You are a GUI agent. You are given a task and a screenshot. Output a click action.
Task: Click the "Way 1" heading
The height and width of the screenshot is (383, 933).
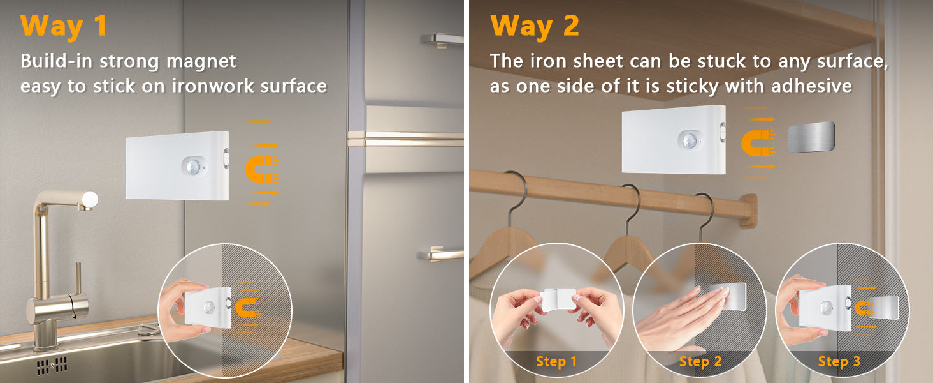(63, 26)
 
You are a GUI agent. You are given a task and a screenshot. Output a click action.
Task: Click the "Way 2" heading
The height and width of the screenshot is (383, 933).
(535, 26)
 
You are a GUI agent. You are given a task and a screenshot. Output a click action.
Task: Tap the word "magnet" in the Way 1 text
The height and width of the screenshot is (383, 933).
(201, 62)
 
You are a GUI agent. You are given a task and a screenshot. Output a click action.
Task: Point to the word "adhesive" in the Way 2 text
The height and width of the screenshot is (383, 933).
(811, 86)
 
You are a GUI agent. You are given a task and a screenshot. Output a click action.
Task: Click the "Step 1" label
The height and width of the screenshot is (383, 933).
(556, 361)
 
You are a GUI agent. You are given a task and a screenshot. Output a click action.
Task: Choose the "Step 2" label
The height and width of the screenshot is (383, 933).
(700, 361)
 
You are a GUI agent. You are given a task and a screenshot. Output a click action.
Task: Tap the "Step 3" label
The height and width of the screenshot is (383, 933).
(839, 361)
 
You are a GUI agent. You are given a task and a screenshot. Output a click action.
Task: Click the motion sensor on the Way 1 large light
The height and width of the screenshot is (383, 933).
(194, 167)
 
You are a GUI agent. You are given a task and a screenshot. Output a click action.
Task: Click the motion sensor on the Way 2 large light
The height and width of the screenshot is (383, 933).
(690, 140)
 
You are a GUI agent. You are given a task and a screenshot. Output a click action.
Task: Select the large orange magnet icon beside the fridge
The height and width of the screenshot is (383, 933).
(261, 169)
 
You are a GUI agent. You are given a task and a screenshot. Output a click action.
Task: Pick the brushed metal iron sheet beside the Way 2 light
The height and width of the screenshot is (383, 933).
(811, 137)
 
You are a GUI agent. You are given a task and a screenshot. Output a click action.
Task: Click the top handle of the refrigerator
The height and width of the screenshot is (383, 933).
(442, 40)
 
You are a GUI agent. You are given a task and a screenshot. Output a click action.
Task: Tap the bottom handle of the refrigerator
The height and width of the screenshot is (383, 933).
(440, 253)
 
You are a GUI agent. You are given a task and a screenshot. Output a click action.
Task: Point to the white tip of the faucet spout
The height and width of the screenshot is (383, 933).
(90, 200)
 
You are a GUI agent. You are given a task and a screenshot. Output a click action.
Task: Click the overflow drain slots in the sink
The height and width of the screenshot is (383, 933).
(52, 366)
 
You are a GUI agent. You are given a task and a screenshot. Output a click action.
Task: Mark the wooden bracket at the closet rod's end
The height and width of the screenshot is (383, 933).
(748, 211)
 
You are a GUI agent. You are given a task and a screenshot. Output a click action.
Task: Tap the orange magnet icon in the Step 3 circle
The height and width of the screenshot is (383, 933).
(864, 308)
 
